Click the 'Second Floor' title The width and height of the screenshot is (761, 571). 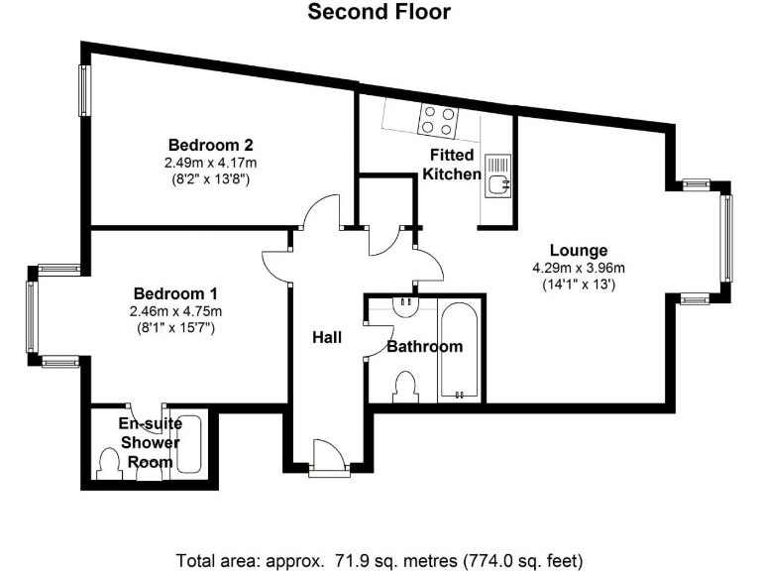pos(379,13)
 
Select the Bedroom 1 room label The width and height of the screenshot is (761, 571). pos(175,294)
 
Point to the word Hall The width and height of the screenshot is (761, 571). pos(326,338)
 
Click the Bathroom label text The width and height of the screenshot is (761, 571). pos(424,347)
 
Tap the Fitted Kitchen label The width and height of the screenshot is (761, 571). pos(452,165)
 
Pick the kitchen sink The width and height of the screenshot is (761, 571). pos(497,174)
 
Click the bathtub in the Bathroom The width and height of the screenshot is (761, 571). pos(459,352)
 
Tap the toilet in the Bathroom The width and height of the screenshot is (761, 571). pos(404,385)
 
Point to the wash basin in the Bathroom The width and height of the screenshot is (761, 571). pos(404,306)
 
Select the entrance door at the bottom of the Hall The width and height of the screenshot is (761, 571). pos(327,458)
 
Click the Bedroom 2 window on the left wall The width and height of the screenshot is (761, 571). pos(86,89)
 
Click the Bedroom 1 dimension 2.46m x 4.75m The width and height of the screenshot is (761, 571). pos(175,311)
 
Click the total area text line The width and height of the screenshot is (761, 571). pos(380,558)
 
